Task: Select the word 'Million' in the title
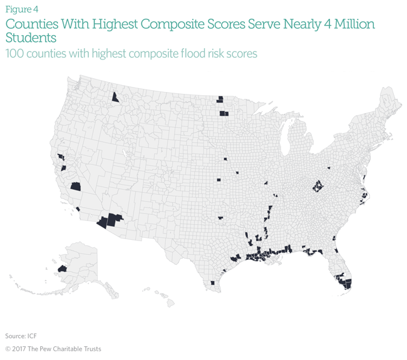pos(351,24)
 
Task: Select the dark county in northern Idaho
pos(115,96)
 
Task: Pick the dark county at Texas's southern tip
pos(213,283)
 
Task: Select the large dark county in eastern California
pos(76,186)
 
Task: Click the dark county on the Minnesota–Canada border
pos(220,98)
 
